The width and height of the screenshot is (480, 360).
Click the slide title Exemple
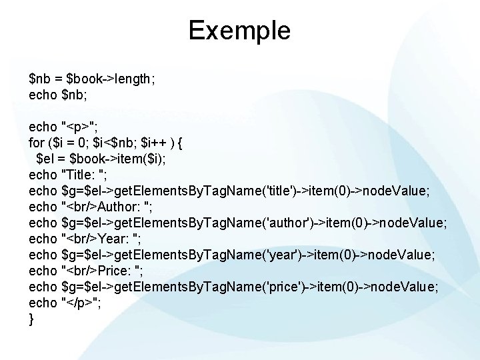(239, 30)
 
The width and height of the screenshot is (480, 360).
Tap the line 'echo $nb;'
(59, 95)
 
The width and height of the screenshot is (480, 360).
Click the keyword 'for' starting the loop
(37, 143)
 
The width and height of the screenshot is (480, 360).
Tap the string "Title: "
(83, 175)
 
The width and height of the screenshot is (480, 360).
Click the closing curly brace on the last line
(31, 319)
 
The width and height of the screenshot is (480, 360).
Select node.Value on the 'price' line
(404, 287)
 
